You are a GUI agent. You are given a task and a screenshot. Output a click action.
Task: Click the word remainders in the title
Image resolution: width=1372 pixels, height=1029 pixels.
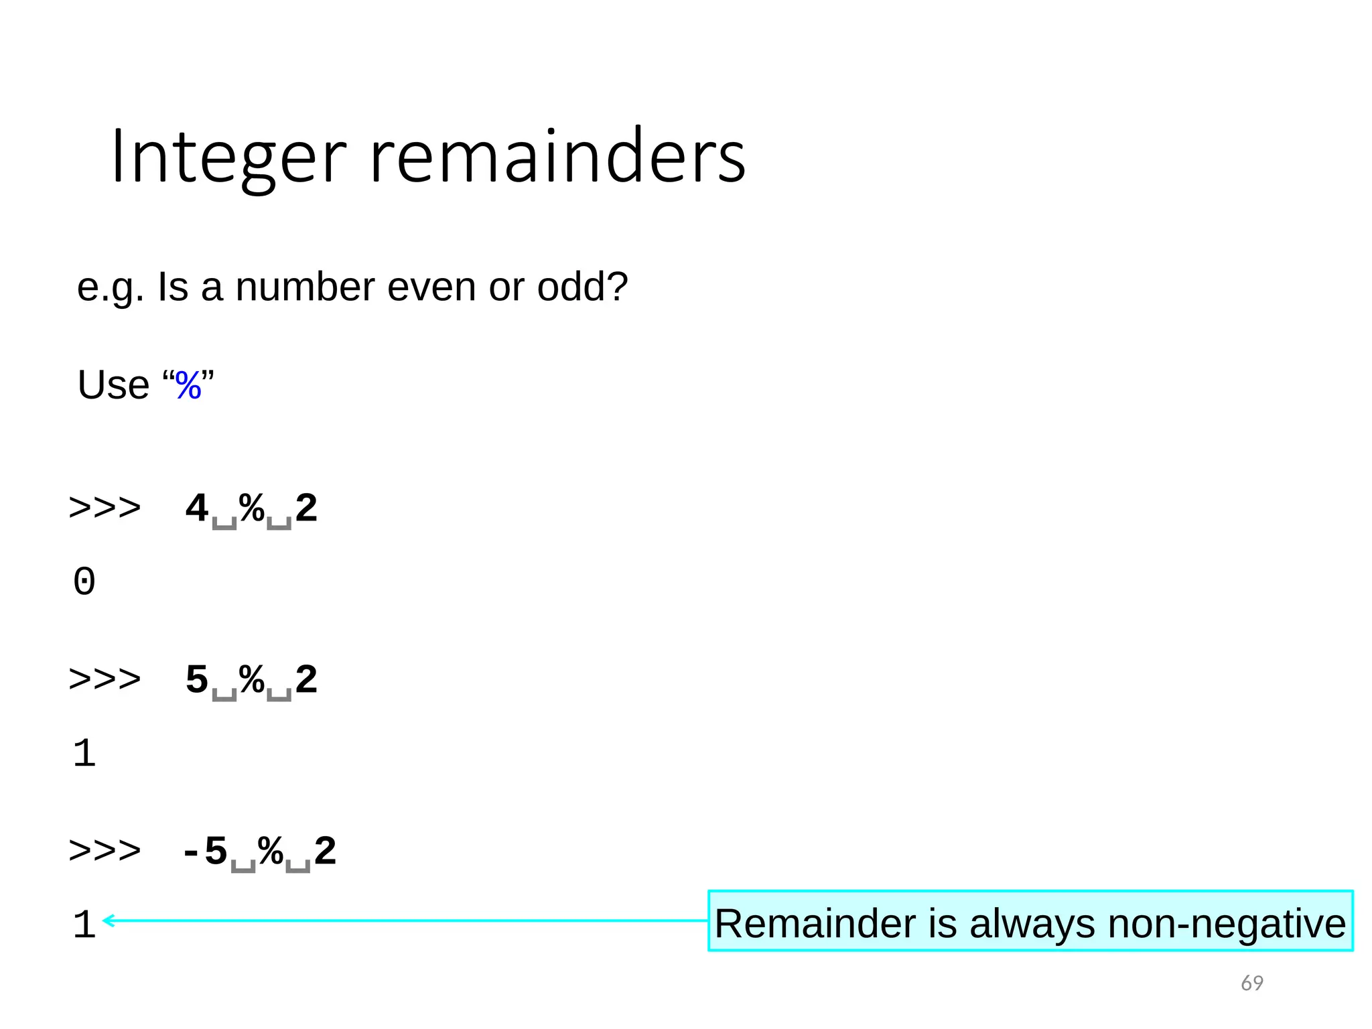coord(557,157)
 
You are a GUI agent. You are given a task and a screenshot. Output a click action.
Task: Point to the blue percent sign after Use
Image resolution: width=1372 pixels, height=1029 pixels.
coord(188,386)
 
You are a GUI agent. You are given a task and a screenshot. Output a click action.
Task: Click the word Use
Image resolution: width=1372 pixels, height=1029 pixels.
coord(113,385)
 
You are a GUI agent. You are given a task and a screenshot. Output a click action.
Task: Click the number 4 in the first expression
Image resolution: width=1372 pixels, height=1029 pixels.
coord(196,508)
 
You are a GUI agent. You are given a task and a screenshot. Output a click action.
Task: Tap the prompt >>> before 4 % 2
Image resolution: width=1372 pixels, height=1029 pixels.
coord(105,508)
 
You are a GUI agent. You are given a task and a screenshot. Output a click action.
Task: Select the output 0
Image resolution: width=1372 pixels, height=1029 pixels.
coord(84,581)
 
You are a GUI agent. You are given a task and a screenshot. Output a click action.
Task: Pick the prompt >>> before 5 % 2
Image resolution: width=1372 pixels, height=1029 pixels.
coord(105,680)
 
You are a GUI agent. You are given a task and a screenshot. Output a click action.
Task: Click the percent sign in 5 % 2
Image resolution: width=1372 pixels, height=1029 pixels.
coord(252,680)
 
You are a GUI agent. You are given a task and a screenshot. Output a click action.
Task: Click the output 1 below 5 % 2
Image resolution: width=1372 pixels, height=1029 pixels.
coord(84,753)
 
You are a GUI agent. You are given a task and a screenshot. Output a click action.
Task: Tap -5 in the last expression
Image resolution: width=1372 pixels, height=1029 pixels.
coord(205,851)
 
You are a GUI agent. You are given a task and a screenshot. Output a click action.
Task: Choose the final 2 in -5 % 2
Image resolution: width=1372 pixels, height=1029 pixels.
coord(325,851)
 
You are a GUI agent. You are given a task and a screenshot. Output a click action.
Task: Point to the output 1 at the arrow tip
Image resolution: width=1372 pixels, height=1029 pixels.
coord(84,924)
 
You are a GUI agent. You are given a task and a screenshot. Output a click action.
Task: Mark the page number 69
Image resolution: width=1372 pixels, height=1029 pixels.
coord(1251,983)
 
